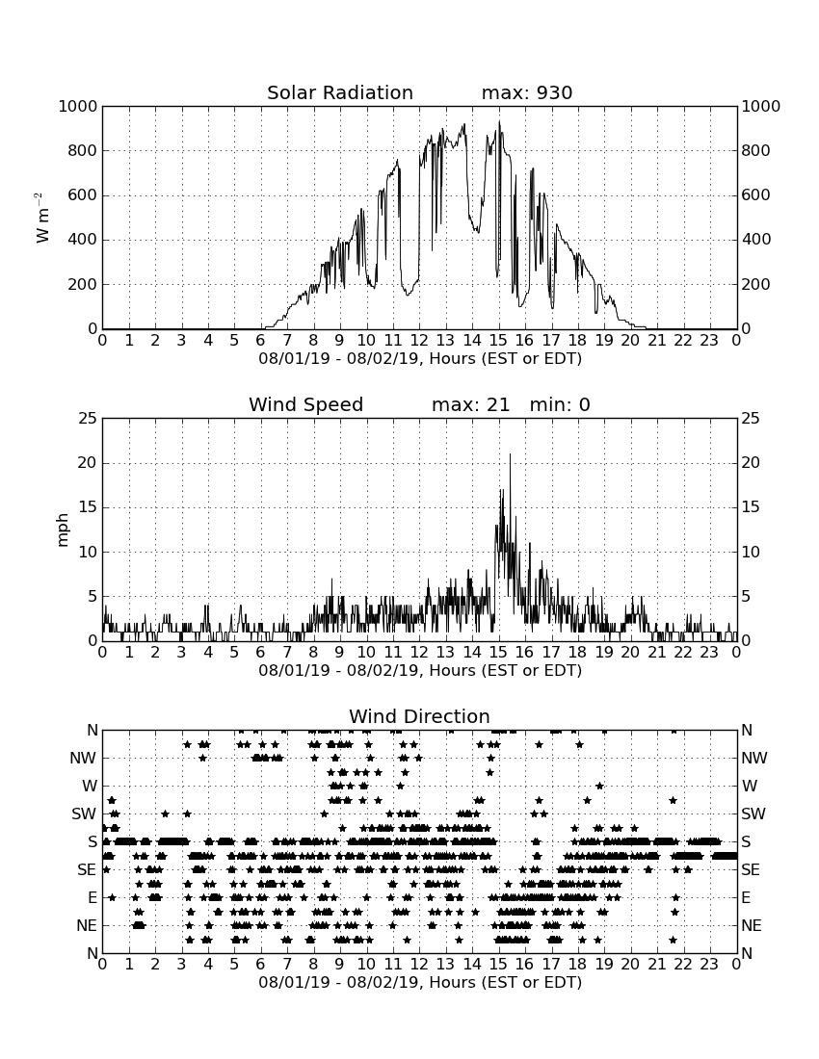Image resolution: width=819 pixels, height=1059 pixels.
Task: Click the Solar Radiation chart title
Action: pyautogui.click(x=340, y=92)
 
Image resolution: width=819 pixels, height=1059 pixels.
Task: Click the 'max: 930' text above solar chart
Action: pyautogui.click(x=527, y=92)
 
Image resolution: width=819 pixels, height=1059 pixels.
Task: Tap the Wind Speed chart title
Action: pyautogui.click(x=306, y=404)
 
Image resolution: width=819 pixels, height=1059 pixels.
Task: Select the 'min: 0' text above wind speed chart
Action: pyautogui.click(x=560, y=404)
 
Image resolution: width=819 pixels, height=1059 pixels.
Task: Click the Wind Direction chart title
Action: pyautogui.click(x=420, y=716)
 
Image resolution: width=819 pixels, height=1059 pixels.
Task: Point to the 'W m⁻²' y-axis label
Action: pyautogui.click(x=41, y=218)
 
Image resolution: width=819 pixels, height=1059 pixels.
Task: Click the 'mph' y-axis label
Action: pyautogui.click(x=63, y=530)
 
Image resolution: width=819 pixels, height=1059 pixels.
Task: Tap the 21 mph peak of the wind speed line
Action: pyautogui.click(x=510, y=453)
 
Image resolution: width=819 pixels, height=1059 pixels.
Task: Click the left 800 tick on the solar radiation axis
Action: pyautogui.click(x=83, y=150)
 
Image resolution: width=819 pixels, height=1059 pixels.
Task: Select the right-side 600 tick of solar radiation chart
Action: pyautogui.click(x=756, y=195)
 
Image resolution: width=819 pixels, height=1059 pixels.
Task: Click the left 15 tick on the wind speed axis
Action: pyautogui.click(x=89, y=507)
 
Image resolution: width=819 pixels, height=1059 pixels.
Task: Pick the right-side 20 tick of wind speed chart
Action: pyautogui.click(x=751, y=463)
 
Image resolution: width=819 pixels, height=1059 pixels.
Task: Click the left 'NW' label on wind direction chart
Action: pyautogui.click(x=83, y=759)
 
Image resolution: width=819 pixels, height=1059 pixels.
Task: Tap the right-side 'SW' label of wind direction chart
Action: pyautogui.click(x=753, y=814)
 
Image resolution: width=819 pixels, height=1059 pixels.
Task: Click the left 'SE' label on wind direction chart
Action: pyautogui.click(x=87, y=870)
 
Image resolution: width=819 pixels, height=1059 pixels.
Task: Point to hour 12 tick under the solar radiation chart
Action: pyautogui.click(x=419, y=341)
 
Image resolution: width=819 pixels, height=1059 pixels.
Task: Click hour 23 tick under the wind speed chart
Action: pyautogui.click(x=709, y=653)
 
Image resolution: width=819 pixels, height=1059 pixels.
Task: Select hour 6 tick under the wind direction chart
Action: pyautogui.click(x=261, y=965)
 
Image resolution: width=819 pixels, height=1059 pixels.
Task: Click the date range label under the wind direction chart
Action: pyautogui.click(x=420, y=982)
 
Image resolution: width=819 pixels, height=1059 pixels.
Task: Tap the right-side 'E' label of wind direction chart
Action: pyautogui.click(x=746, y=897)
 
